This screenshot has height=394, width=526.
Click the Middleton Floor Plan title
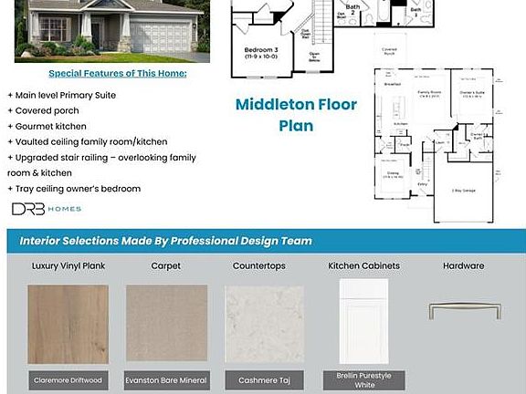pos(296,115)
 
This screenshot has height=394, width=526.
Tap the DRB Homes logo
pos(47,209)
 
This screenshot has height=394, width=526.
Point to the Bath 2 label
pos(352,9)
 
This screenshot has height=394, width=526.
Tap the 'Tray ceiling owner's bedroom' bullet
pos(74,189)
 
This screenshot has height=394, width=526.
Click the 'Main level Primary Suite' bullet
pos(61,95)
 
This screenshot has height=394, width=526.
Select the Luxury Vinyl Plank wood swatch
pos(68,324)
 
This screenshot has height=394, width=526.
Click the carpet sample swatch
pos(166,324)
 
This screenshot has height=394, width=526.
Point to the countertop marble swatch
pos(265,324)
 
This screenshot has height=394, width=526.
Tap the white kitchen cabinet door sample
pos(363,321)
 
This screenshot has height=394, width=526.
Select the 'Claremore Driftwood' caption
pos(68,379)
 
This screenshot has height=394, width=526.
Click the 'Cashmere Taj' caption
pos(265,379)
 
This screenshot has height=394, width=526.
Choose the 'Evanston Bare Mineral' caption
pos(166,379)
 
